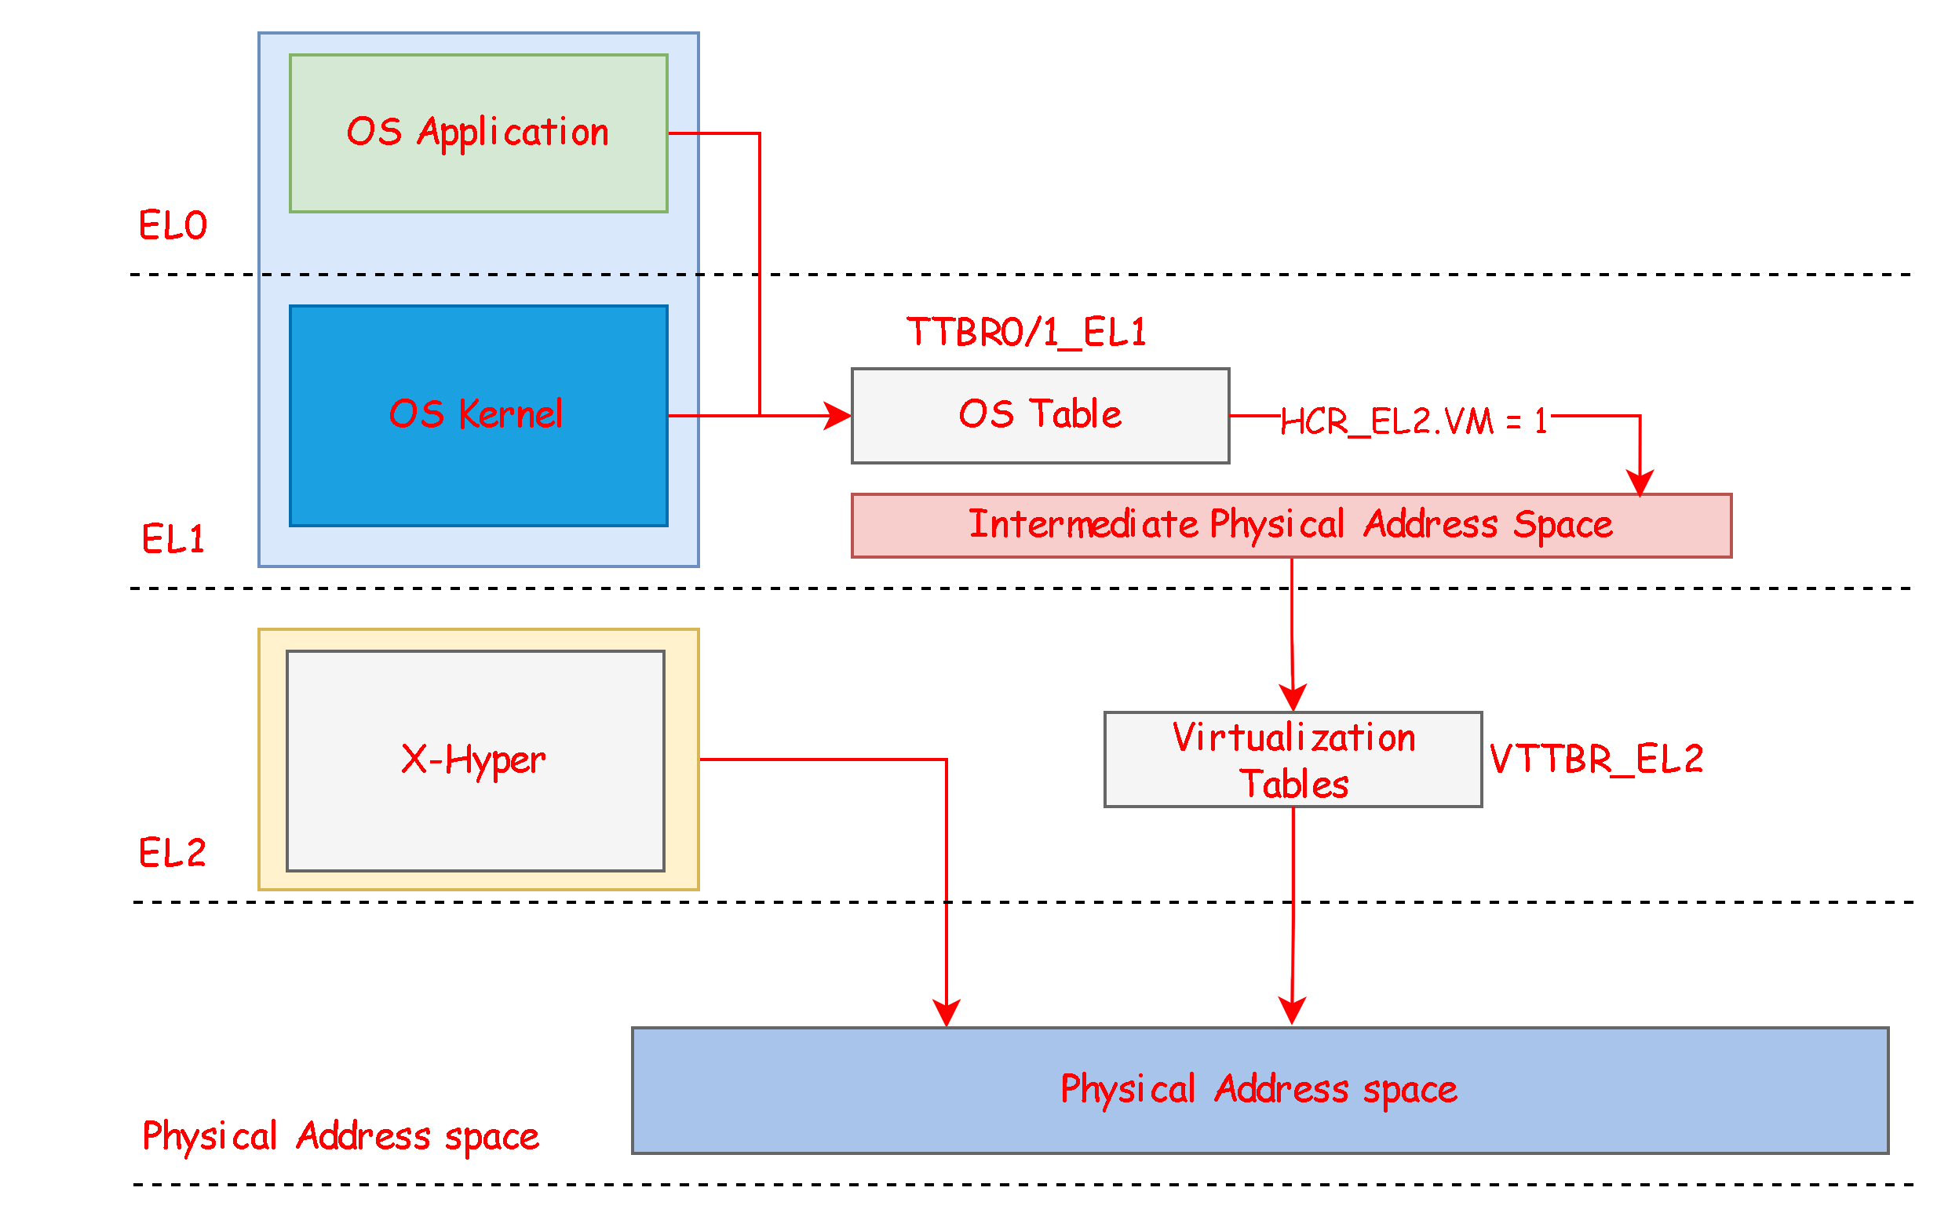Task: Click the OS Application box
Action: (478, 133)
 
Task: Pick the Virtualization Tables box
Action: (1293, 760)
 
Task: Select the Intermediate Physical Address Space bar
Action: (1291, 526)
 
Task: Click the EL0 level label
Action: (173, 225)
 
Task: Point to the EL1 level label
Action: (173, 539)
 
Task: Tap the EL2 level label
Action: (173, 853)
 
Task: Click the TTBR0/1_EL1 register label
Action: (1026, 332)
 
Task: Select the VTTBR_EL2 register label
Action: (1596, 760)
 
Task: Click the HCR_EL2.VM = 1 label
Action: (1414, 420)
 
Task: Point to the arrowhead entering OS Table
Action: (839, 416)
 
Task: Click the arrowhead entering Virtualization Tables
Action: (1293, 697)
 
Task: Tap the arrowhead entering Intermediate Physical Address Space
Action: (1640, 483)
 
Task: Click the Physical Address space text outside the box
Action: (340, 1136)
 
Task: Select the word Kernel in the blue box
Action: (510, 414)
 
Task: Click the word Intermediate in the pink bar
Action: (1083, 524)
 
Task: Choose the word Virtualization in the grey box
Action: (1293, 738)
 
